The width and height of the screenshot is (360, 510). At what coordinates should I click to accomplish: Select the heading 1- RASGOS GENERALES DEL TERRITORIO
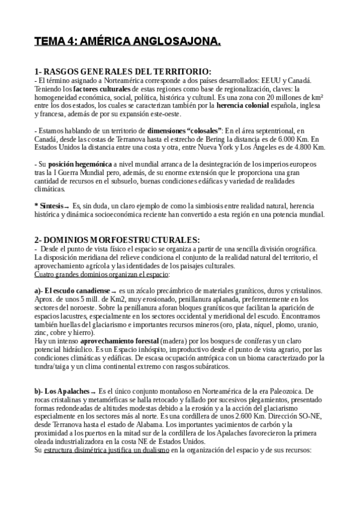coord(123,72)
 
